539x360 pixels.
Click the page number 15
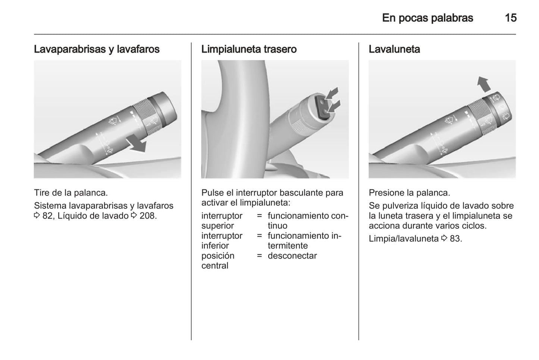(510, 18)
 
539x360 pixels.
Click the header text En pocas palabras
(427, 18)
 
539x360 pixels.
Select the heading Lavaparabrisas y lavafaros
(97, 49)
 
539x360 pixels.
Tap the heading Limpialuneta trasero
(249, 49)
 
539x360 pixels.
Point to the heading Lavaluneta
(394, 49)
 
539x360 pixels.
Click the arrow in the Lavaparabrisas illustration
(136, 144)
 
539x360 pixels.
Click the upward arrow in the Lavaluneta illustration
(484, 84)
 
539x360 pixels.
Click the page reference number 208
(148, 216)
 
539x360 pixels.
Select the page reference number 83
(455, 238)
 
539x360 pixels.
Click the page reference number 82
(47, 216)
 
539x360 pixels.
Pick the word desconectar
(292, 256)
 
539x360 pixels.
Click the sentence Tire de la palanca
(71, 193)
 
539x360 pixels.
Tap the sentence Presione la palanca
(409, 193)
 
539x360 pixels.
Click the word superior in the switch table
(217, 226)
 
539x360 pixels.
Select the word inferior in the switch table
(215, 246)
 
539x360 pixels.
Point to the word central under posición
(214, 266)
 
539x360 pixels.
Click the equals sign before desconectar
(259, 256)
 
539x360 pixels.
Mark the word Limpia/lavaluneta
(404, 238)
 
